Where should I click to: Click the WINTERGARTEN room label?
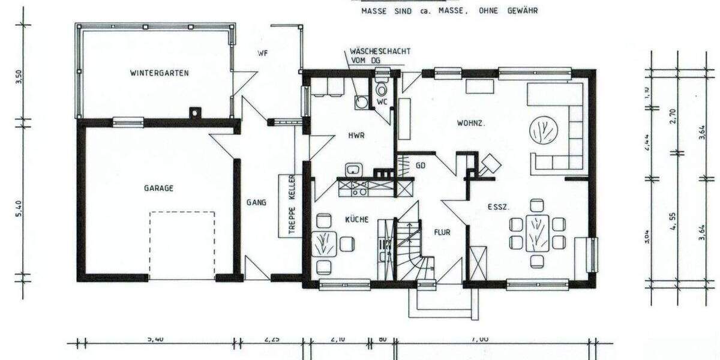point(160,73)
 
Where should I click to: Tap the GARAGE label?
point(158,188)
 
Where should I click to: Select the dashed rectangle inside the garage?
point(182,245)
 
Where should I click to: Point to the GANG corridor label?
point(256,203)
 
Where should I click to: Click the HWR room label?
point(356,136)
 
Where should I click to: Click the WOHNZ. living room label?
point(471,124)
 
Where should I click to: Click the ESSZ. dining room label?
point(498,207)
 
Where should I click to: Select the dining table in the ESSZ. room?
point(537,233)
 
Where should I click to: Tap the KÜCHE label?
point(356,220)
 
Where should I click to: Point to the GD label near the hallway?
point(421,166)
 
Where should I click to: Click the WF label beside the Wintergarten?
point(262,53)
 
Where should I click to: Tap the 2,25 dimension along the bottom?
point(272,339)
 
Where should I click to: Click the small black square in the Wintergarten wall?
point(194,112)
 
